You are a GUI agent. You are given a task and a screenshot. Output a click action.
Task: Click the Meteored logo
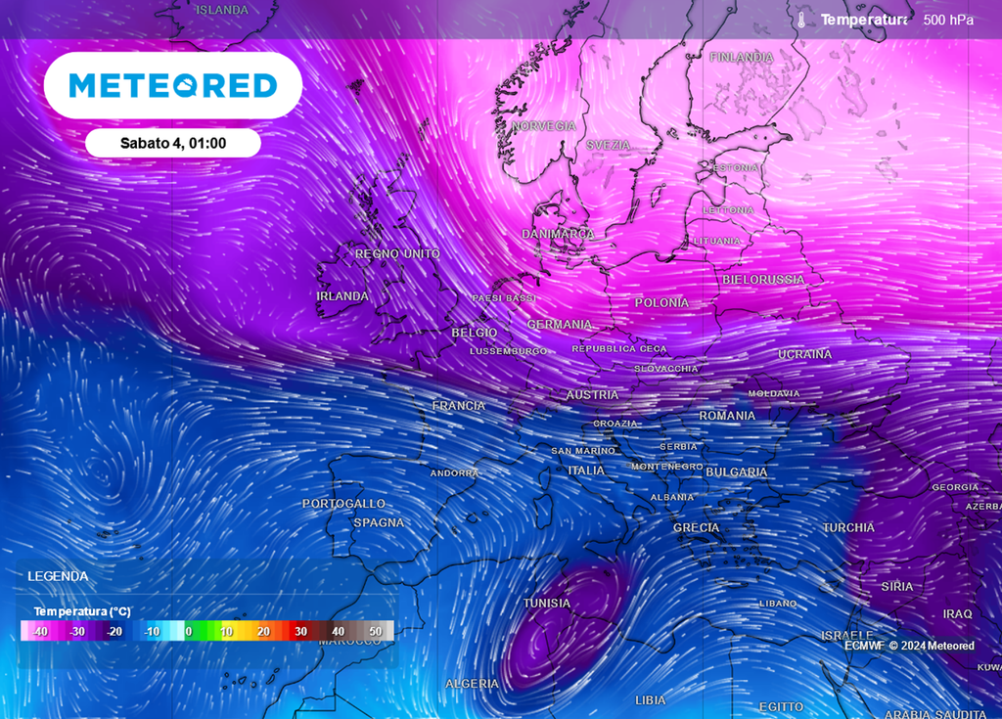[172, 86]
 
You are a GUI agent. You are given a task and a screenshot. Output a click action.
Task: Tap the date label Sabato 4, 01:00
[173, 143]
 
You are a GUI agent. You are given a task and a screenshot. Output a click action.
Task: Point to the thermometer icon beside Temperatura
[800, 20]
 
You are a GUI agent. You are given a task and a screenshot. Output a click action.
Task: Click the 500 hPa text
[948, 20]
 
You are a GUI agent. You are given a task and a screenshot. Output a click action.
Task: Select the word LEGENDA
[58, 576]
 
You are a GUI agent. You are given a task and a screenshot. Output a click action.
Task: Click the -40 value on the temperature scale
[40, 632]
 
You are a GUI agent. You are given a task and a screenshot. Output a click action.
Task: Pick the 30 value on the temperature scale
[301, 632]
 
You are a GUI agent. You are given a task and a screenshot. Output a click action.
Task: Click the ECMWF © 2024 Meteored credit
[909, 646]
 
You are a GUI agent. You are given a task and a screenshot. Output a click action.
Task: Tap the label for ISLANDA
[222, 10]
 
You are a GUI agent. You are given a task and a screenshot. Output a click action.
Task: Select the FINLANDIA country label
[741, 58]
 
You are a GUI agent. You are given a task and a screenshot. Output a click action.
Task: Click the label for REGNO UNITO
[397, 254]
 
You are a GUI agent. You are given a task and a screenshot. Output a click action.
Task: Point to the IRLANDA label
[342, 296]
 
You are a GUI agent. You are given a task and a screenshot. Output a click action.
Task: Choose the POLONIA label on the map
[661, 303]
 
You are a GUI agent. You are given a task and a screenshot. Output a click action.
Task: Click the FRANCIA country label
[458, 406]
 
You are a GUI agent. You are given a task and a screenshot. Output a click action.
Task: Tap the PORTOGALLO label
[343, 503]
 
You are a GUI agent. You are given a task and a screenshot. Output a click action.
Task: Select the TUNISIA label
[546, 604]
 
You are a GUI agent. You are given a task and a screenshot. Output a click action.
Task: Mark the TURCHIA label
[848, 527]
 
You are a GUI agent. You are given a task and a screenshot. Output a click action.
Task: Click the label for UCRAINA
[804, 354]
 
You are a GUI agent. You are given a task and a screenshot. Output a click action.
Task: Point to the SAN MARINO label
[582, 451]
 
